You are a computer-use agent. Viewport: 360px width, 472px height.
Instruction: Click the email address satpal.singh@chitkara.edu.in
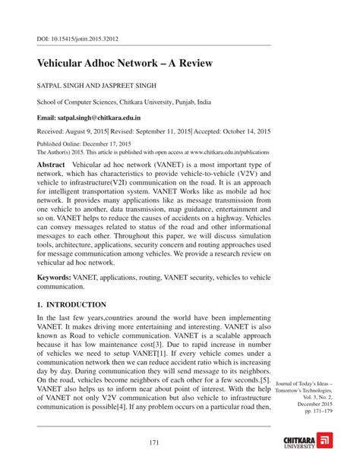point(107,118)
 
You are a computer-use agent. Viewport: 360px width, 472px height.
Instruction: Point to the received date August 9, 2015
point(99,131)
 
